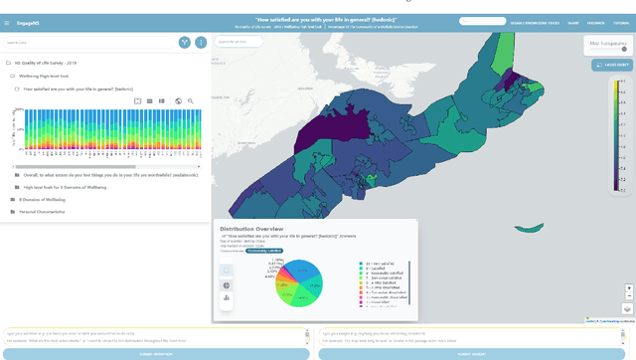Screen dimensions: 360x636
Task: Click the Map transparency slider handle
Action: (624, 49)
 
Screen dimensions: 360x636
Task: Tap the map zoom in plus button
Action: (628, 288)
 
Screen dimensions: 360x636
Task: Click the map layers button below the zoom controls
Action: (627, 309)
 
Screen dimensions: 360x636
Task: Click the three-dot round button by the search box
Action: (201, 42)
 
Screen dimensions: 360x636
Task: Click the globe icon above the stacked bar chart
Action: (177, 100)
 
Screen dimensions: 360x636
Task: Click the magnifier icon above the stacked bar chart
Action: (191, 100)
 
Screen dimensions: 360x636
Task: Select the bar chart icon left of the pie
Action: (226, 297)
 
